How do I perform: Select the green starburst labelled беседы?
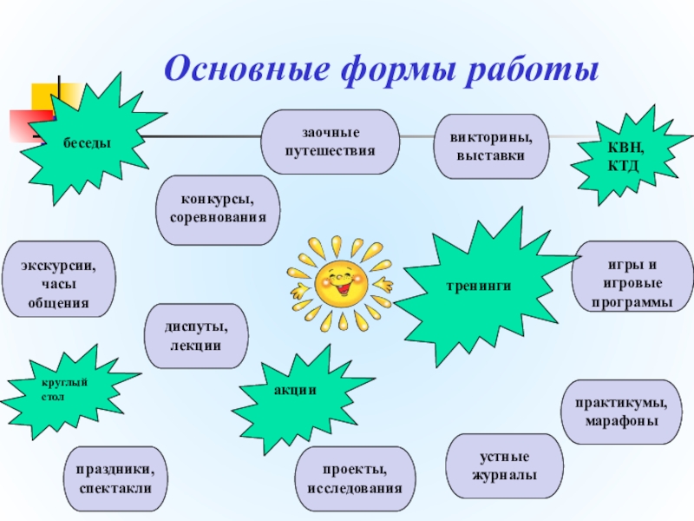87,141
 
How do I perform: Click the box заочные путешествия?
331,142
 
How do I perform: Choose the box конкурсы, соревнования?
218,208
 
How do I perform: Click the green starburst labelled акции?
294,392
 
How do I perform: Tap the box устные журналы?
504,466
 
